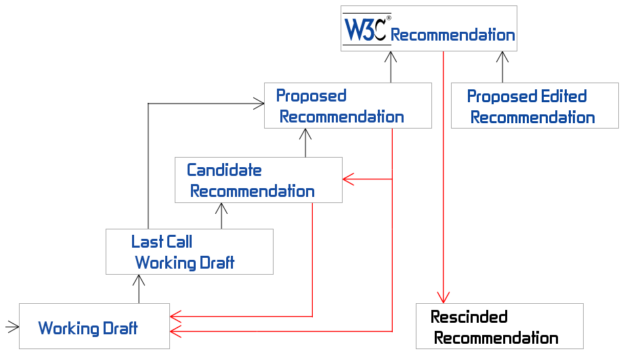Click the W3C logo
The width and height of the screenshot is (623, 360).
point(366,29)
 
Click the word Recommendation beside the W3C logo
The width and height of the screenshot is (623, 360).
point(453,35)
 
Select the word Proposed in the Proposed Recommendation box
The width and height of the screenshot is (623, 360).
point(311,95)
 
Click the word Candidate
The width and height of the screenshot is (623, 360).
point(224,169)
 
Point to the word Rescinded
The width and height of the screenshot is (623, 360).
point(469,317)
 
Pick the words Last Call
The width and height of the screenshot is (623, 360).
point(162,242)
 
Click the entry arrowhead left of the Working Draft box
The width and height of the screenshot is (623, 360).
point(13,328)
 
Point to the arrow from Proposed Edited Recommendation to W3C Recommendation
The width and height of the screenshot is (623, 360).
point(502,67)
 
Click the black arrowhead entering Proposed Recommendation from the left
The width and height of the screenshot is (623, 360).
point(258,104)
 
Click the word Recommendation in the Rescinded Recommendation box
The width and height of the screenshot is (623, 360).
point(496,338)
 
